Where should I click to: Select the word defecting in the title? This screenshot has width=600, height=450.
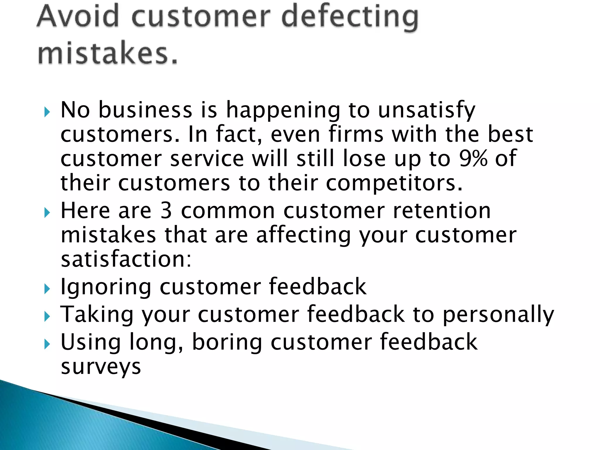350,17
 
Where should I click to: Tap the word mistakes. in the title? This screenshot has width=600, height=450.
108,53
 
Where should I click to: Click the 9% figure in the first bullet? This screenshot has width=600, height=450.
473,158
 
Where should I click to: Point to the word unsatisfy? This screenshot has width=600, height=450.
427,110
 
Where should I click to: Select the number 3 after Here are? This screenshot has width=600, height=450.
166,211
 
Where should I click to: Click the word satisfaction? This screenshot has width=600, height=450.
126,259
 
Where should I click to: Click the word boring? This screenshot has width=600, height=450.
227,342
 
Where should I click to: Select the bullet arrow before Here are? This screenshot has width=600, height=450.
47,212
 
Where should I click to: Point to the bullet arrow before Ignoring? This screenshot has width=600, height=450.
47,289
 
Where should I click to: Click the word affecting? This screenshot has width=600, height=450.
304,235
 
